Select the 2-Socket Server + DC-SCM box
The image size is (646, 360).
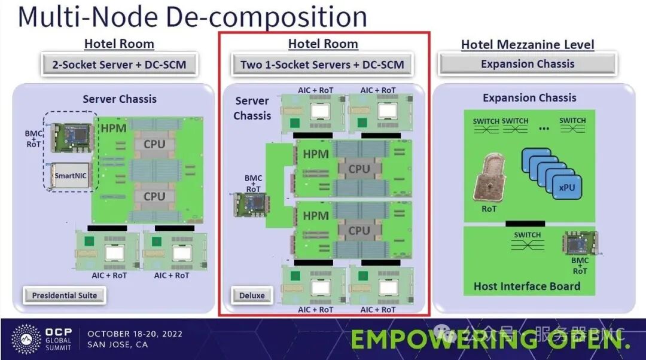[x=119, y=65]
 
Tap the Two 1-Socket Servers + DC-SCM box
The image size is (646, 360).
[x=322, y=65]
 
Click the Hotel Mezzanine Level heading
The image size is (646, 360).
[x=528, y=45]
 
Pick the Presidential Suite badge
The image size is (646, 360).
[x=64, y=295]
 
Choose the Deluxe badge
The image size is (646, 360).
[x=251, y=295]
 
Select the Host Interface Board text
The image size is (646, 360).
[x=526, y=286]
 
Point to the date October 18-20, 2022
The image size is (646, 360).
[x=135, y=334]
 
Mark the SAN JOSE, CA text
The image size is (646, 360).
[x=118, y=344]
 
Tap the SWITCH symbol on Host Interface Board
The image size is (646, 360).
[x=527, y=239]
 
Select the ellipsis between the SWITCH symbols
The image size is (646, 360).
[x=543, y=127]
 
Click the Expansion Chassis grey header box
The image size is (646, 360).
[x=527, y=64]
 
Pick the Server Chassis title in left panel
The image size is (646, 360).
[x=119, y=99]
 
